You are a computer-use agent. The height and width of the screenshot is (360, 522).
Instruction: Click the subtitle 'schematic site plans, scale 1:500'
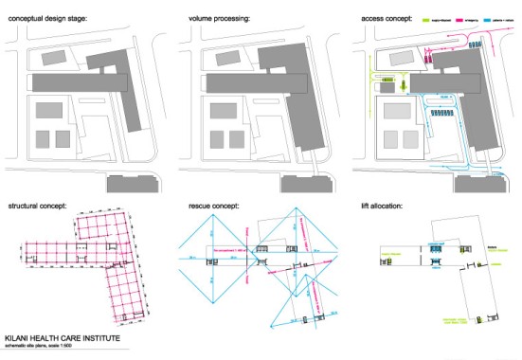[46, 349]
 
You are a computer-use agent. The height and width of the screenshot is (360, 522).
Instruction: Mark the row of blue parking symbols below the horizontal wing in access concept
[443, 111]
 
